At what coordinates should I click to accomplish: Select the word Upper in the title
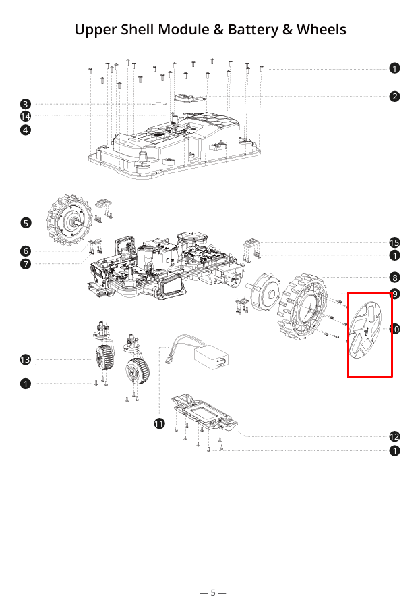[x=95, y=30]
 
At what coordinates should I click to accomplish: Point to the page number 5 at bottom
[x=212, y=592]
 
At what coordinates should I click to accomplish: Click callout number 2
[x=394, y=97]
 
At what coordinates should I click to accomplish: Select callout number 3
[x=25, y=104]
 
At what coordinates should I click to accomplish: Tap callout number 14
[x=25, y=116]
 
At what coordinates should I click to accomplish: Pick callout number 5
[x=25, y=222]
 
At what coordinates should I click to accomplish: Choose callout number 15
[x=394, y=242]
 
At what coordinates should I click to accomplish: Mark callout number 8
[x=394, y=277]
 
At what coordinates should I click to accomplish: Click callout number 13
[x=25, y=360]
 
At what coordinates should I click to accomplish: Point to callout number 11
[x=159, y=423]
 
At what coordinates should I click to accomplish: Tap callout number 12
[x=394, y=436]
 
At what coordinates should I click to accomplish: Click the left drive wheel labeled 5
[x=69, y=219]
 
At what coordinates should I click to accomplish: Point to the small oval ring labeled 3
[x=160, y=104]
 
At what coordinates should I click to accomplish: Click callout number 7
[x=25, y=264]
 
